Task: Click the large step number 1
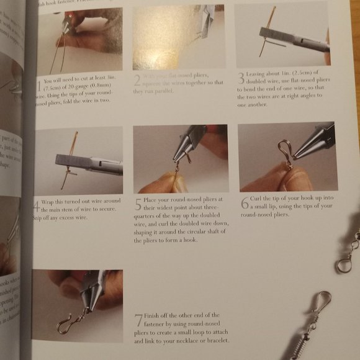point(40,83)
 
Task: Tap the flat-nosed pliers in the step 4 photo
point(87,164)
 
